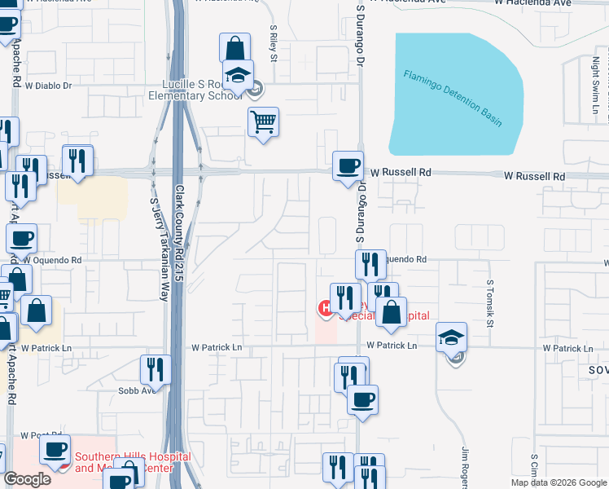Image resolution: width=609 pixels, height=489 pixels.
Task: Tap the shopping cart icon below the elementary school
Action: click(x=263, y=123)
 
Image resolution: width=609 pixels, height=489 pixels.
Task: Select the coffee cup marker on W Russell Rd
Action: click(x=348, y=166)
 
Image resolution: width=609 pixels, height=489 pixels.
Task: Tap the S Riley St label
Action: click(x=274, y=42)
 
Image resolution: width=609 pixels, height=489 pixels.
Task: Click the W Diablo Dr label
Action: click(x=49, y=85)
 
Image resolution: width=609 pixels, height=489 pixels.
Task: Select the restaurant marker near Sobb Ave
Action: click(x=155, y=371)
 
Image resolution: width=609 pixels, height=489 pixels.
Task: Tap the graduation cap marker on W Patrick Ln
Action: click(x=452, y=338)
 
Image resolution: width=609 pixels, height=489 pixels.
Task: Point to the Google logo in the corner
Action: click(x=27, y=479)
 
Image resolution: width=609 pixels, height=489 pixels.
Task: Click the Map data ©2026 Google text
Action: click(x=559, y=482)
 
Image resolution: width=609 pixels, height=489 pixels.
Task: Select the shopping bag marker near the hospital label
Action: click(x=392, y=313)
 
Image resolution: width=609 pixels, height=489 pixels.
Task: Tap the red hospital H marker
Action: click(x=325, y=308)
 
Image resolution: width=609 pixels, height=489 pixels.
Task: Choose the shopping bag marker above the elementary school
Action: click(x=235, y=48)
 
